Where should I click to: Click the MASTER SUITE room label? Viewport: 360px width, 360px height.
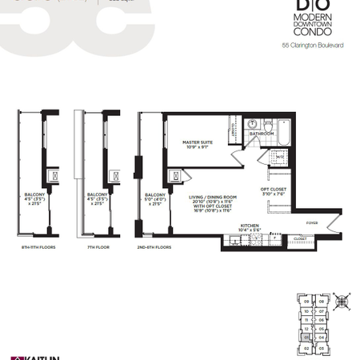coord(196,144)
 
